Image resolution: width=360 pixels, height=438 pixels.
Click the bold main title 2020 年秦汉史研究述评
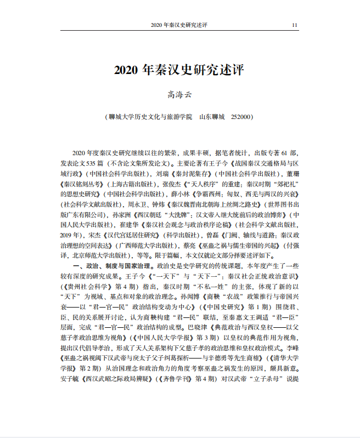click(x=179, y=71)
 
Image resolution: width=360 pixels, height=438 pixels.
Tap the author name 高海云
click(x=180, y=95)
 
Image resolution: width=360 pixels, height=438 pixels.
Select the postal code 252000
click(x=241, y=117)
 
